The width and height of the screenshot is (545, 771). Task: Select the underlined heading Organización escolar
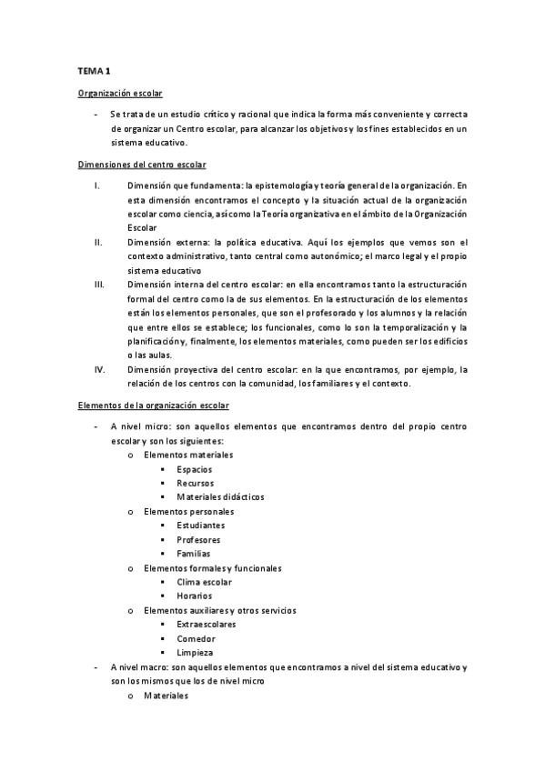[x=121, y=93]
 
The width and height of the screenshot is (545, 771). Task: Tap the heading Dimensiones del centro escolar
[x=141, y=164]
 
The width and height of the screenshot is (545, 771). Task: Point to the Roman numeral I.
[x=96, y=185]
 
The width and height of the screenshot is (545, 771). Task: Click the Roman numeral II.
[x=97, y=242]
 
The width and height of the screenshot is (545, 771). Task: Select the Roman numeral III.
[x=99, y=284]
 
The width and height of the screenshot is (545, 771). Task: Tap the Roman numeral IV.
[x=100, y=369]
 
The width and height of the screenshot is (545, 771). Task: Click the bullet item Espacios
[x=196, y=468]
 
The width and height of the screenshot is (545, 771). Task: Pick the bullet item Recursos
[x=196, y=483]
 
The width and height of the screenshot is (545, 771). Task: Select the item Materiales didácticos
[x=220, y=496]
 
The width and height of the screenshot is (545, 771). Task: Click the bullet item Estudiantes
[x=201, y=525]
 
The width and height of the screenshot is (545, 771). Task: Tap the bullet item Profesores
[x=198, y=539]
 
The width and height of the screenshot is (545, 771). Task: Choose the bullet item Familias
[x=194, y=553]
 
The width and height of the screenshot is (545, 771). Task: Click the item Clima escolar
[x=204, y=582]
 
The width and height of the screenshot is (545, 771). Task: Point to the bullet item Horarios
[x=196, y=596]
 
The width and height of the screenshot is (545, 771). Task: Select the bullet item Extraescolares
[x=207, y=625]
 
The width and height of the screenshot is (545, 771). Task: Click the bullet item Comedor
[x=197, y=638]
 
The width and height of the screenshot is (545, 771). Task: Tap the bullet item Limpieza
[x=196, y=653]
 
